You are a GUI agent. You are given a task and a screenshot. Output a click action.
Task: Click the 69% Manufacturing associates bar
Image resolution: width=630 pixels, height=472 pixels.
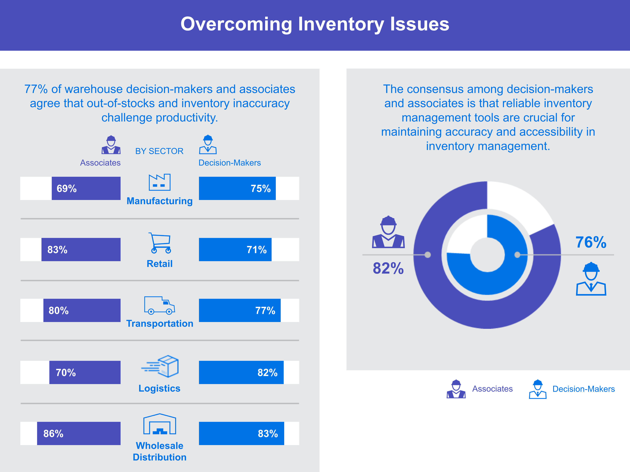[x=86, y=188]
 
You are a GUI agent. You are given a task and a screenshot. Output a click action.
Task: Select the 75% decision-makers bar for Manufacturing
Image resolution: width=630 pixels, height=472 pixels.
[x=237, y=188]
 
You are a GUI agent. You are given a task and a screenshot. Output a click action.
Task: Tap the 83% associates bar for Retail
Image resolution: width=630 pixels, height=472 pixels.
[x=81, y=249]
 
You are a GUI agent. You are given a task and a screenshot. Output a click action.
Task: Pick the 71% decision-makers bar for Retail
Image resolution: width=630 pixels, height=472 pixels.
[x=235, y=249]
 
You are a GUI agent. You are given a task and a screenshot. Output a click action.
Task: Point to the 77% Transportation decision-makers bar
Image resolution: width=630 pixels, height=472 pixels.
[x=240, y=310]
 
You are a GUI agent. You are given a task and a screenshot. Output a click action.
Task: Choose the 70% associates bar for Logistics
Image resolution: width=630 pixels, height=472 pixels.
[x=85, y=372]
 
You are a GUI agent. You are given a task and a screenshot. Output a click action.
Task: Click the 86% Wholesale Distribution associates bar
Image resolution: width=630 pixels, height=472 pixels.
[x=79, y=433]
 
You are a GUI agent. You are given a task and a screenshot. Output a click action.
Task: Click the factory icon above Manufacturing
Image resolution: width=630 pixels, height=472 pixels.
[x=159, y=182]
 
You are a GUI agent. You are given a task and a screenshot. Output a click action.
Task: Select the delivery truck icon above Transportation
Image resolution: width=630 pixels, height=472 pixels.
[x=159, y=305]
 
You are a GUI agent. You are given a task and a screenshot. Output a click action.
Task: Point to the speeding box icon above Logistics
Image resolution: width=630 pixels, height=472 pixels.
[x=160, y=366]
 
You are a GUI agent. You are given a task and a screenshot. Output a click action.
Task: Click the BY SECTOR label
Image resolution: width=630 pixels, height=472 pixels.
[x=159, y=151]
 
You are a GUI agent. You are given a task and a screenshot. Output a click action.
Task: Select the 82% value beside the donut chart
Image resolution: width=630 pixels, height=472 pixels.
[x=388, y=268]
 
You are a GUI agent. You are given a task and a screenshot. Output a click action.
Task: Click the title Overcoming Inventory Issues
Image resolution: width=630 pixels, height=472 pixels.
[x=315, y=24]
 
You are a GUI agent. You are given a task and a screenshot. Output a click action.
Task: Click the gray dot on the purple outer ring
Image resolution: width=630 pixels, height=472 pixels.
[x=428, y=255]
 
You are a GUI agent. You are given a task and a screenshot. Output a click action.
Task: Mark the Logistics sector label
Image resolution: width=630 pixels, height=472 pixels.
[x=159, y=388]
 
